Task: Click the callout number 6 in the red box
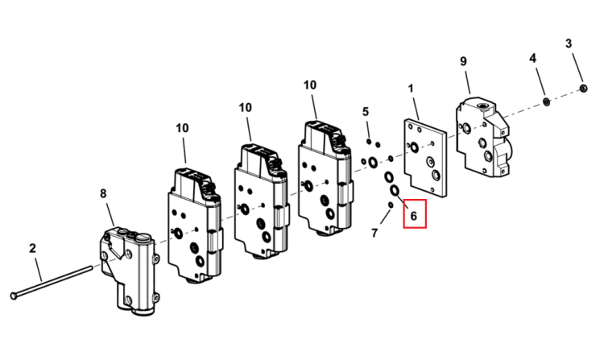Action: (414, 216)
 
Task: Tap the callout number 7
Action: (374, 233)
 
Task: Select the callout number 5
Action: (365, 112)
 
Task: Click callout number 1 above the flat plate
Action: (411, 89)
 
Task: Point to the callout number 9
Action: (463, 61)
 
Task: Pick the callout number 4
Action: (532, 58)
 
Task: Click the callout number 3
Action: (569, 43)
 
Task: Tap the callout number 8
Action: (103, 193)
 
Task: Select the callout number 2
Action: (32, 248)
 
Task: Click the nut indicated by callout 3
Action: (583, 89)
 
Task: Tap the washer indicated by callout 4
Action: (546, 101)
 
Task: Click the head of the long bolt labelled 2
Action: (14, 296)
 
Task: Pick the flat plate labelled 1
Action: (425, 158)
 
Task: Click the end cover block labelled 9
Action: (484, 136)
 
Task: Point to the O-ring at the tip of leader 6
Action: (395, 190)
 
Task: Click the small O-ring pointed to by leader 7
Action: (391, 205)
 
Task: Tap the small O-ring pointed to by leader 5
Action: (369, 142)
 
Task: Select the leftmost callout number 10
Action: (182, 128)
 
